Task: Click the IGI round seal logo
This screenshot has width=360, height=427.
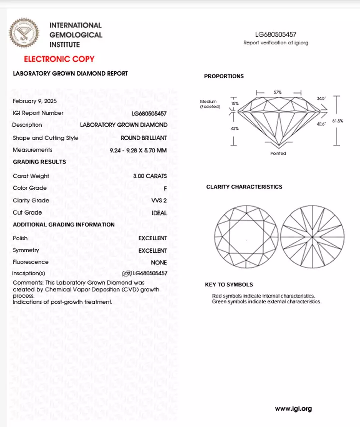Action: click(24, 33)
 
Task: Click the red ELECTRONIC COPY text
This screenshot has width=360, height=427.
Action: click(59, 59)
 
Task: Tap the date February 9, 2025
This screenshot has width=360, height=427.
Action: click(35, 101)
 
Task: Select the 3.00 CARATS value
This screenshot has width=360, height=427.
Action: click(150, 176)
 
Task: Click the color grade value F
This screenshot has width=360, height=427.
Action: click(165, 189)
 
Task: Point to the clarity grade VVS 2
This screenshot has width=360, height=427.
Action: click(159, 200)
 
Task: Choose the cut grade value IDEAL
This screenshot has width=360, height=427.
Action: click(159, 213)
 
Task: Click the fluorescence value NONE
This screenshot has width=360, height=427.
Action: click(159, 263)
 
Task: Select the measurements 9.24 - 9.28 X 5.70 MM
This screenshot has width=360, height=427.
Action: click(138, 150)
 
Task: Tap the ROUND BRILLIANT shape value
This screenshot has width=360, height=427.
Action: click(144, 138)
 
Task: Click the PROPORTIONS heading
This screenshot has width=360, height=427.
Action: click(224, 76)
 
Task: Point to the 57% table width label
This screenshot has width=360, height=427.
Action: click(277, 92)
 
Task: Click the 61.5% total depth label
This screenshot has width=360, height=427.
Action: click(337, 121)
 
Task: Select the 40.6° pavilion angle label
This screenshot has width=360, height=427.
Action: click(321, 124)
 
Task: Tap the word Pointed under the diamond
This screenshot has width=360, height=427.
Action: click(278, 153)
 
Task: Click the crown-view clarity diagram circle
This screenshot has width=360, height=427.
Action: click(246, 237)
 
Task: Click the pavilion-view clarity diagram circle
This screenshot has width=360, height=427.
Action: click(312, 237)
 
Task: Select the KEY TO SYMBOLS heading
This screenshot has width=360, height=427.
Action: click(229, 285)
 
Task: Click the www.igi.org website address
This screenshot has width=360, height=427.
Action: click(293, 409)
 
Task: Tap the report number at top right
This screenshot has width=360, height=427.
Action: click(276, 34)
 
